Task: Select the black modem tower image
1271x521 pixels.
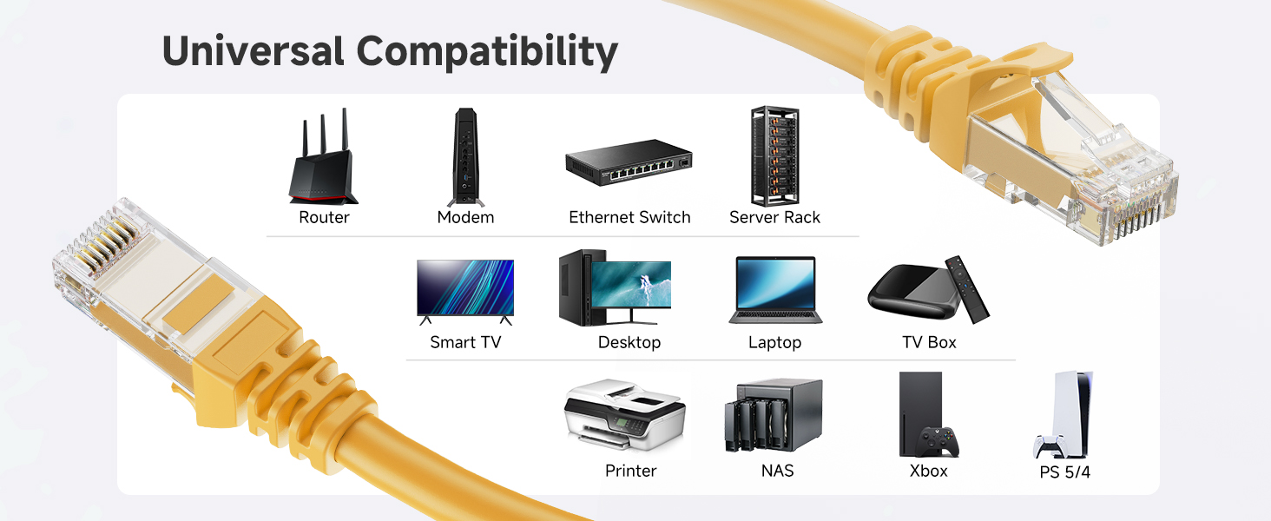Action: [464, 157]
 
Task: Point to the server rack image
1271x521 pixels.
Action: [774, 156]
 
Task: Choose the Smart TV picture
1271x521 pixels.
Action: [465, 290]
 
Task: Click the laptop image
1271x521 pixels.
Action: [774, 290]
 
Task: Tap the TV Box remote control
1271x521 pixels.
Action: [967, 289]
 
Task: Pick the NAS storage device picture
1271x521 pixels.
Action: [774, 416]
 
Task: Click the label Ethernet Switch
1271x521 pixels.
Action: [629, 217]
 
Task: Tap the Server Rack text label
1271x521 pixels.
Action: [774, 217]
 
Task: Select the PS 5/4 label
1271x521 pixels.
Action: [1064, 473]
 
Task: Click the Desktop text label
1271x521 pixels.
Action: [629, 343]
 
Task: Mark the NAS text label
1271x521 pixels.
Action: [777, 471]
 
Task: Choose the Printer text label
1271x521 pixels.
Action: [630, 471]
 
